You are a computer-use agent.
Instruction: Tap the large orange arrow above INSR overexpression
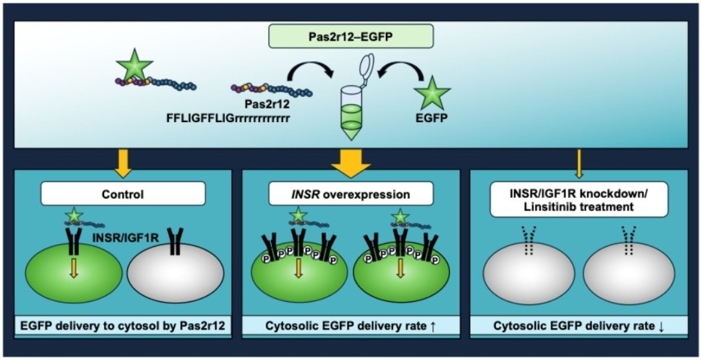pyautogui.click(x=351, y=164)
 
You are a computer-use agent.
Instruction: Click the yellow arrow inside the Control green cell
pyautogui.click(x=73, y=268)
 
